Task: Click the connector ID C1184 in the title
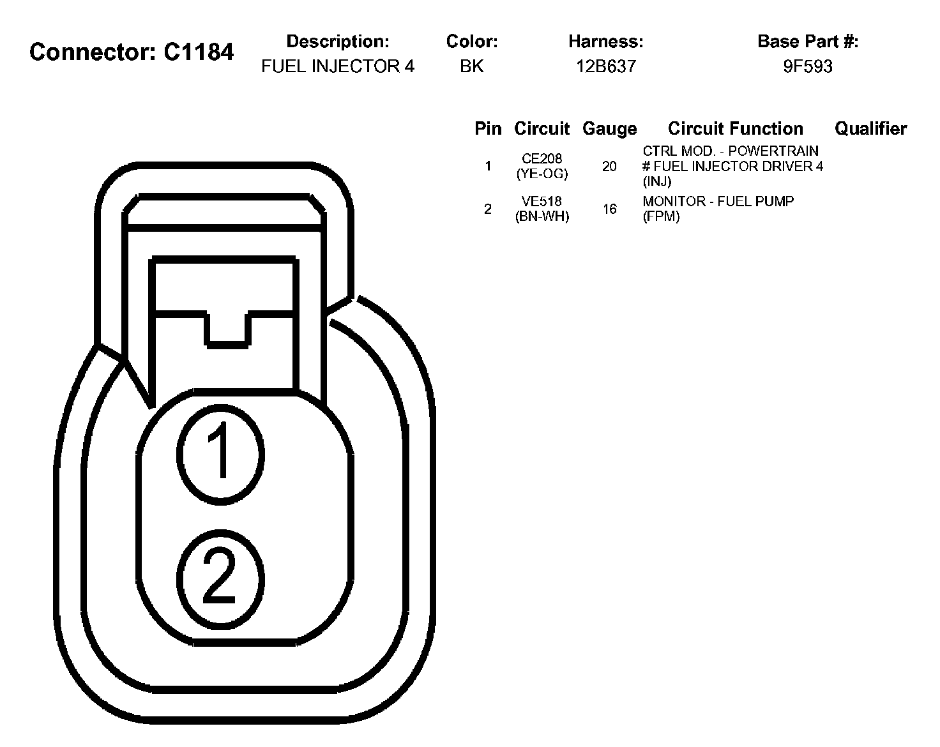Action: pos(199,52)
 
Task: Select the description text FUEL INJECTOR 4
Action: pos(338,66)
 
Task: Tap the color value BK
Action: pos(472,66)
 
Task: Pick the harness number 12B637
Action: pos(606,66)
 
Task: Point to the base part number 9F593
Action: pos(808,66)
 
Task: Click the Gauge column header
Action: pos(609,129)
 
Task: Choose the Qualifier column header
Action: pos(870,129)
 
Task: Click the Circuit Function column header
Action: pos(735,129)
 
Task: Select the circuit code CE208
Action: pos(542,159)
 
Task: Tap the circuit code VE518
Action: pos(542,202)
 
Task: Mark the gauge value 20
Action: pos(609,167)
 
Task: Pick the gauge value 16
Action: pos(609,209)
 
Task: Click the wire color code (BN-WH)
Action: pos(542,216)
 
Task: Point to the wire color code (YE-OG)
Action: pos(542,174)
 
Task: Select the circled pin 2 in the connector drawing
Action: pos(220,578)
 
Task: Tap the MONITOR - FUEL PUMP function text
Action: pos(718,202)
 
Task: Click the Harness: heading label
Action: pos(606,42)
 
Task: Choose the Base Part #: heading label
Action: pos(808,42)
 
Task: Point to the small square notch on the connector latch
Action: pos(227,328)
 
